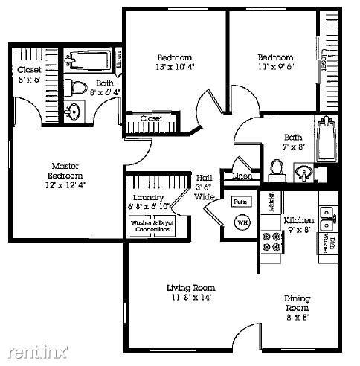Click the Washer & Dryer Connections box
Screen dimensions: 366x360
tap(151, 226)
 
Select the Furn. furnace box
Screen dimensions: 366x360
tap(240, 202)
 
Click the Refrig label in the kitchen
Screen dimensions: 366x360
tap(271, 202)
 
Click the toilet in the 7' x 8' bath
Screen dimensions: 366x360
tap(275, 170)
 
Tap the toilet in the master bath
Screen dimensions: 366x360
tap(76, 86)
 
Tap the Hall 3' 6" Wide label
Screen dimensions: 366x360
tap(205, 187)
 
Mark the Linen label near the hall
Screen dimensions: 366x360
tap(242, 176)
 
